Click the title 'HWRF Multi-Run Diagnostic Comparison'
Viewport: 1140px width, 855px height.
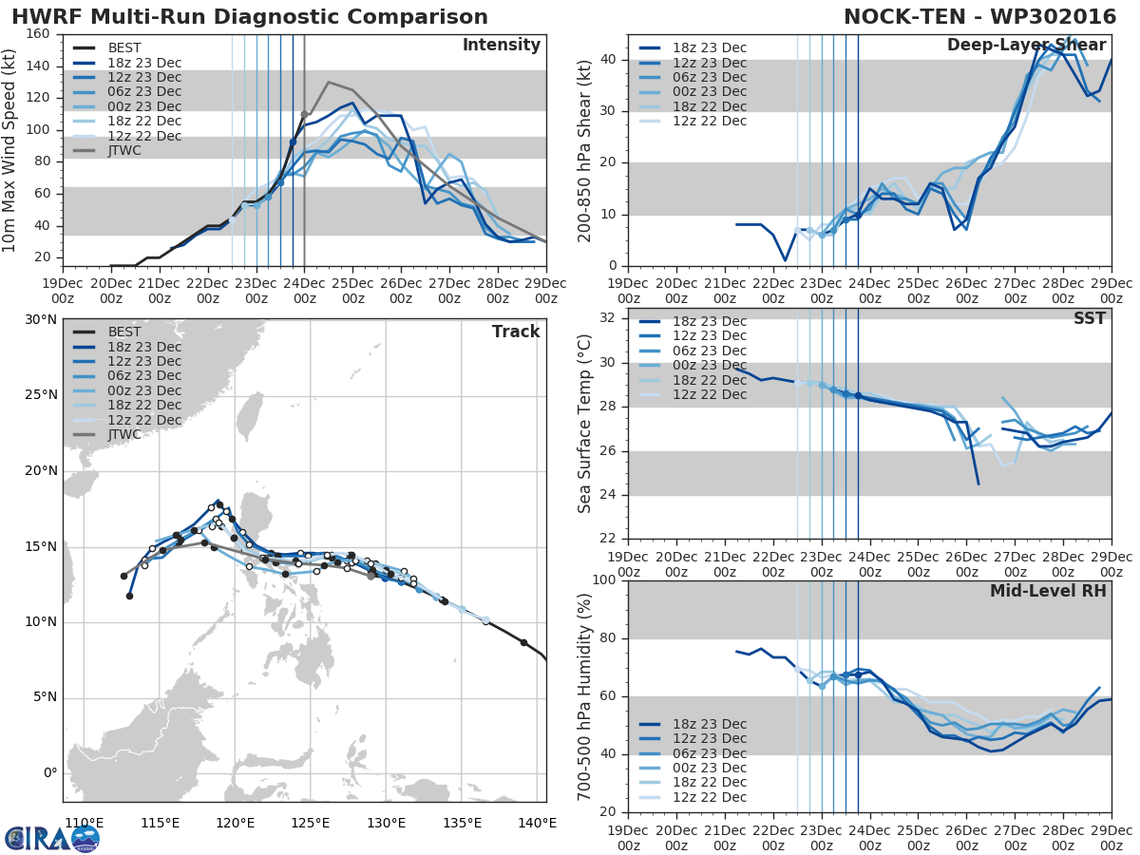(x=250, y=17)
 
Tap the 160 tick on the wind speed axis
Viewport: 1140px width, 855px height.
(x=39, y=34)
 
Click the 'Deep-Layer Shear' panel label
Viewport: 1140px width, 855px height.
(x=1026, y=46)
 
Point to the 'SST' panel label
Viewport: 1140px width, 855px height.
(x=1091, y=318)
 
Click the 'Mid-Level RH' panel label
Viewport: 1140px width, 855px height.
(x=1048, y=591)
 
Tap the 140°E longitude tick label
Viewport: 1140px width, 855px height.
(x=538, y=823)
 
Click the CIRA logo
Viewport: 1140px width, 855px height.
(x=52, y=838)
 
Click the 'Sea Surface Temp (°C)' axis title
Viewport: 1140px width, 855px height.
(x=585, y=422)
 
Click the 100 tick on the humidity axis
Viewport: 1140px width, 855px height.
(x=606, y=580)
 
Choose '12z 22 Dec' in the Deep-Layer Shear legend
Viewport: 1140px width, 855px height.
(x=706, y=121)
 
